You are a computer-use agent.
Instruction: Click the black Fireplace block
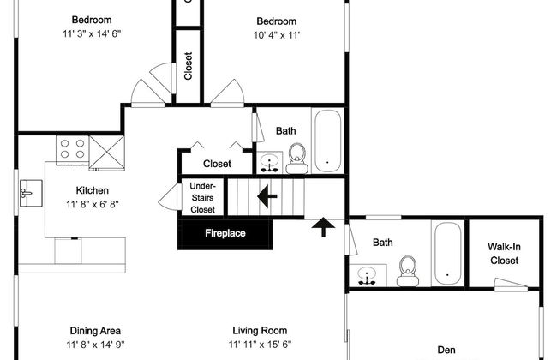pyautogui.click(x=225, y=234)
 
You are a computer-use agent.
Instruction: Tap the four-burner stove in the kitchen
pyautogui.click(x=72, y=150)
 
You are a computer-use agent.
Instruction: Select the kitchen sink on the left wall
pyautogui.click(x=31, y=193)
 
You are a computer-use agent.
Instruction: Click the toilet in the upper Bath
pyautogui.click(x=297, y=159)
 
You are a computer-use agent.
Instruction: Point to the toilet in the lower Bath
pyautogui.click(x=407, y=271)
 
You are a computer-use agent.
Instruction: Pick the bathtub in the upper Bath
pyautogui.click(x=328, y=141)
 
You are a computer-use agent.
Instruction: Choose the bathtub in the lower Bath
pyautogui.click(x=448, y=254)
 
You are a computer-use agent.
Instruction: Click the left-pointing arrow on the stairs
pyautogui.click(x=267, y=195)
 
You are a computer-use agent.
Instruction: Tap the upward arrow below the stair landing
pyautogui.click(x=323, y=227)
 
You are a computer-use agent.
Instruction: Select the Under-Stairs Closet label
pyautogui.click(x=202, y=198)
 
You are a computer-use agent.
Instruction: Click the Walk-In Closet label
pyautogui.click(x=504, y=254)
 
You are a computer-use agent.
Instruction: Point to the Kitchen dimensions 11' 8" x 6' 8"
pyautogui.click(x=93, y=204)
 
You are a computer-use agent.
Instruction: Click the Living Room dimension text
pyautogui.click(x=260, y=345)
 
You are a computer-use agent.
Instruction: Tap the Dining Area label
pyautogui.click(x=95, y=331)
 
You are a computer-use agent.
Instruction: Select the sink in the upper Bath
pyautogui.click(x=270, y=163)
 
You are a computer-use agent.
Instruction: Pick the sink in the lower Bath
pyautogui.click(x=368, y=275)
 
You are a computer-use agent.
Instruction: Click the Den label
pyautogui.click(x=446, y=350)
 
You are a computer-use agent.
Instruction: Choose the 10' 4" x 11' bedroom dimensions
pyautogui.click(x=277, y=35)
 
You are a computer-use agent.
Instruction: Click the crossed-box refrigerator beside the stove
pyautogui.click(x=106, y=153)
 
